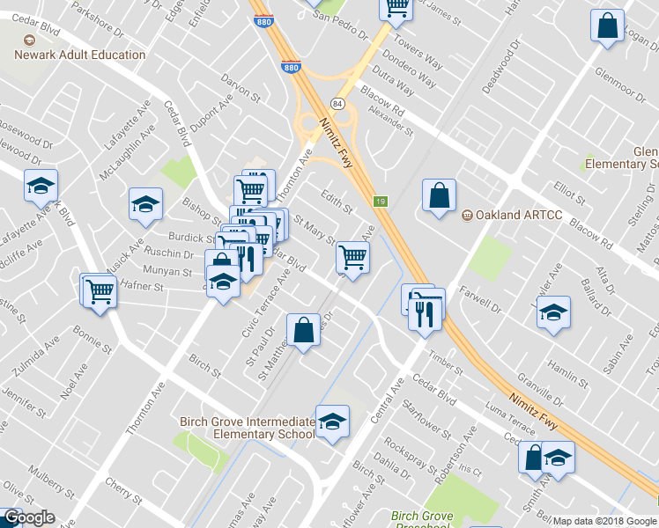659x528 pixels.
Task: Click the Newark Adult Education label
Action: tap(79, 55)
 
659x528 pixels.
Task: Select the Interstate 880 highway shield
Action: tap(292, 67)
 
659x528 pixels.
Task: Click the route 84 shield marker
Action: tap(337, 104)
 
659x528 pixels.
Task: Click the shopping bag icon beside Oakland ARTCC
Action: tap(439, 195)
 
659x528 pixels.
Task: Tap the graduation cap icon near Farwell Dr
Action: tap(553, 313)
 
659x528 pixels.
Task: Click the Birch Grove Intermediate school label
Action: tap(247, 428)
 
